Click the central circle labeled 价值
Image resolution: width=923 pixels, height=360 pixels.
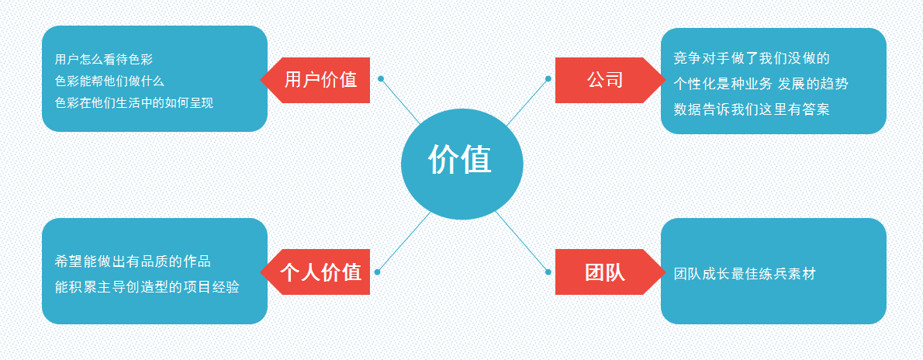461,164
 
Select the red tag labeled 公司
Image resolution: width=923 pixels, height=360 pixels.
605,80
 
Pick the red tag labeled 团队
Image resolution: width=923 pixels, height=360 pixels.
605,272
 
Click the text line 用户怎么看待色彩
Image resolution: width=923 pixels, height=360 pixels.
104,59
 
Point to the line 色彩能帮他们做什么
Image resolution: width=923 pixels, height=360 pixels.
109,81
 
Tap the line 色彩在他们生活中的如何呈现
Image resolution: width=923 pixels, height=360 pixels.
133,102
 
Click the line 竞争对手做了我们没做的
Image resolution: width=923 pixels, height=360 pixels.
752,58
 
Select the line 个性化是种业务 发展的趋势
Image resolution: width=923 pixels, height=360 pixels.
760,84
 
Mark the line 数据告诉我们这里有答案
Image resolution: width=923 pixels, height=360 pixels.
752,109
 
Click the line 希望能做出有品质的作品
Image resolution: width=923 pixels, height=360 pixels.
133,261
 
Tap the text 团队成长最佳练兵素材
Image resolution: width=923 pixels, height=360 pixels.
745,273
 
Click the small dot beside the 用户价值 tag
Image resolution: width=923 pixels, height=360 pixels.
380,78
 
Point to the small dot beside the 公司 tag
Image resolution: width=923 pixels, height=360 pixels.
548,78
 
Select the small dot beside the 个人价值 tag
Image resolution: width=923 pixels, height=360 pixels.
377,272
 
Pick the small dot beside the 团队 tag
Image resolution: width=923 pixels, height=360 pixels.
548,272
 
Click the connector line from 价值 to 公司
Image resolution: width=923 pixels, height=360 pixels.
527,102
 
